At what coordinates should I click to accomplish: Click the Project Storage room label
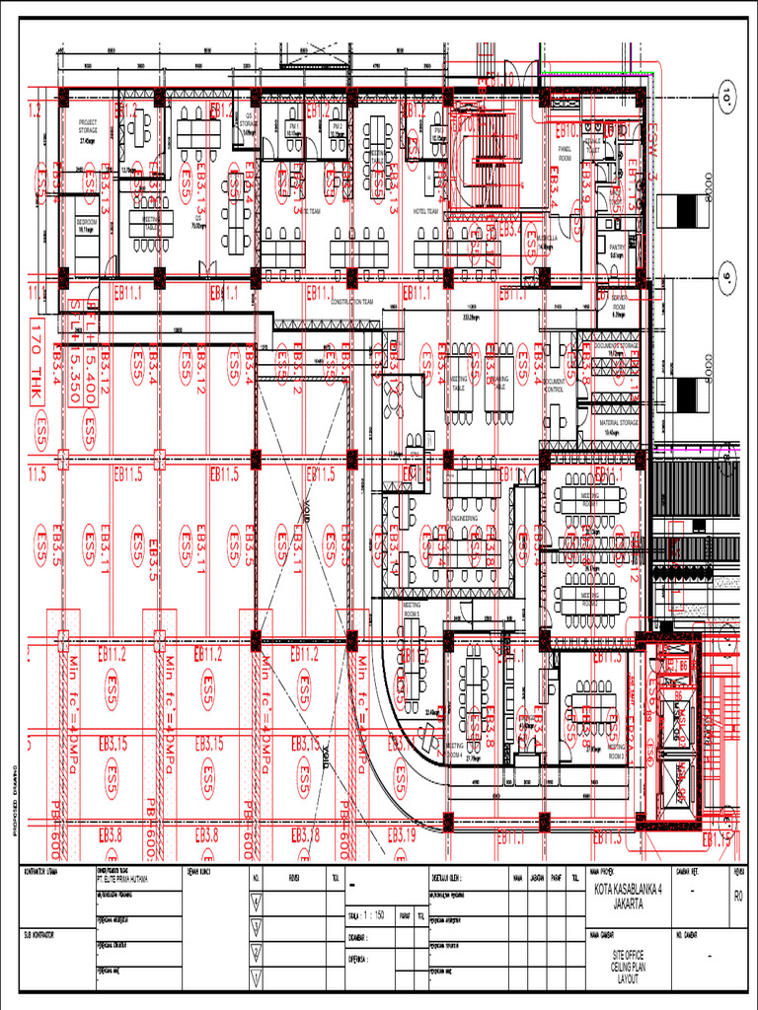(x=88, y=125)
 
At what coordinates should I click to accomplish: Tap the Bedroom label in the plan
(x=88, y=224)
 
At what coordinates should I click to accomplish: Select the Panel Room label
(x=566, y=155)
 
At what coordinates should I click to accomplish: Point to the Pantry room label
(x=617, y=249)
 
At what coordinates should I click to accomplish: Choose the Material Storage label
(x=618, y=423)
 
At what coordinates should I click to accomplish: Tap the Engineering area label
(x=465, y=517)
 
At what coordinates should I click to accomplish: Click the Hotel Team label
(x=425, y=211)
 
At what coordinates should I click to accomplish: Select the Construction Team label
(x=351, y=302)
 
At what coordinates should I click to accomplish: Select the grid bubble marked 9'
(x=728, y=277)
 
